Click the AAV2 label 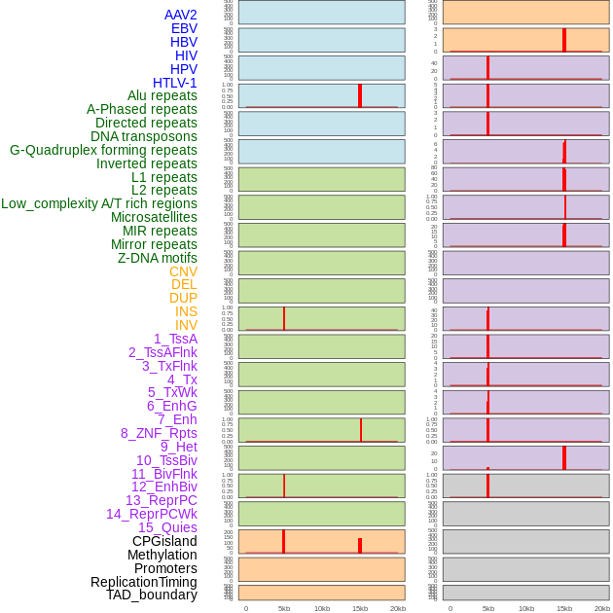180,15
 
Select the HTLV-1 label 174,83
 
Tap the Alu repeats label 162,95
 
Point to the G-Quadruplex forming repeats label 103,150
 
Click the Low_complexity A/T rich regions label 99,203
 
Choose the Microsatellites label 154,217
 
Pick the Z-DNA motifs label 157,258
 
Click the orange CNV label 183,271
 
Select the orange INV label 186,325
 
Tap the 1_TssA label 175,339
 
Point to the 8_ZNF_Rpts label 159,433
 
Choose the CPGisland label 164,541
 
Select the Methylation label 162,555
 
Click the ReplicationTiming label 144,582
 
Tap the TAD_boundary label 152,595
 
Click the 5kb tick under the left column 284,608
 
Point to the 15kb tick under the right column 564,608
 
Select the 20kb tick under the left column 398,608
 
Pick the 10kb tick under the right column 526,608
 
